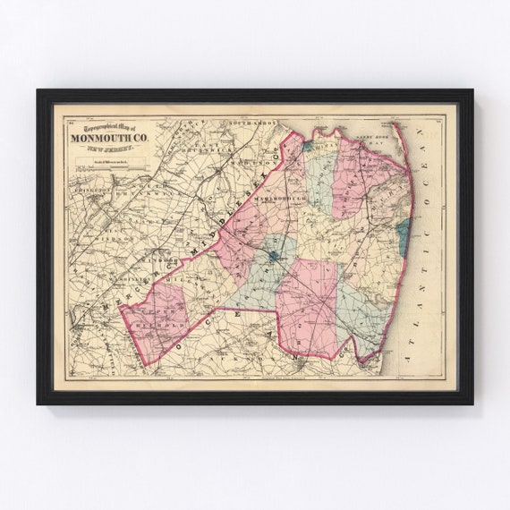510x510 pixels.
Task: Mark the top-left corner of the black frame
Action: pos(38,91)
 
